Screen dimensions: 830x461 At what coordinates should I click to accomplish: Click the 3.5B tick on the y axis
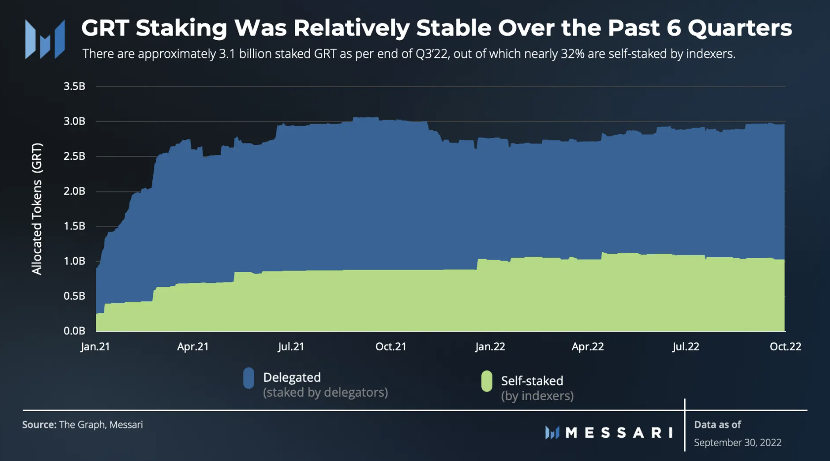click(x=75, y=87)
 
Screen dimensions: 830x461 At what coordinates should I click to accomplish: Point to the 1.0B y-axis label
click(x=75, y=261)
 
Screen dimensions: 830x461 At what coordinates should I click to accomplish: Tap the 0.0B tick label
click(x=75, y=331)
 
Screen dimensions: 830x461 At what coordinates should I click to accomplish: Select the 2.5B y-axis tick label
click(x=75, y=156)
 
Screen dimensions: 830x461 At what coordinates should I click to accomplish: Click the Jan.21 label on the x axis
click(x=95, y=347)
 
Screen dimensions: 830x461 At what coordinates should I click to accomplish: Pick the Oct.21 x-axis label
click(x=391, y=347)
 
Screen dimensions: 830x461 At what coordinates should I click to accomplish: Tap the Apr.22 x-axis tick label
click(x=588, y=347)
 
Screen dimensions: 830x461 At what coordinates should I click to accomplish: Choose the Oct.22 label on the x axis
click(x=785, y=347)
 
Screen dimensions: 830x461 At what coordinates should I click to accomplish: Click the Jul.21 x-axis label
click(x=291, y=347)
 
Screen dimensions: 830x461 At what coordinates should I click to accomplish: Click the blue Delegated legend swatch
click(x=249, y=378)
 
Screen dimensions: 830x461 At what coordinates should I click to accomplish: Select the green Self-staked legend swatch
click(x=487, y=381)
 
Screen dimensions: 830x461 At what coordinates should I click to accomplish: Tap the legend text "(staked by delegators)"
click(x=325, y=392)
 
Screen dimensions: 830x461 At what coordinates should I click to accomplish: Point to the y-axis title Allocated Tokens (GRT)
click(x=37, y=209)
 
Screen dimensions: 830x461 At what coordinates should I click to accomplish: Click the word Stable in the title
click(x=454, y=28)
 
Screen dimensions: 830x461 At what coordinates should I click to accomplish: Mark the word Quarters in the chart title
click(x=740, y=28)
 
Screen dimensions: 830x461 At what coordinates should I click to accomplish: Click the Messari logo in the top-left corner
click(x=45, y=39)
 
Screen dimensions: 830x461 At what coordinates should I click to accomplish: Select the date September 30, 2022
click(x=738, y=443)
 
